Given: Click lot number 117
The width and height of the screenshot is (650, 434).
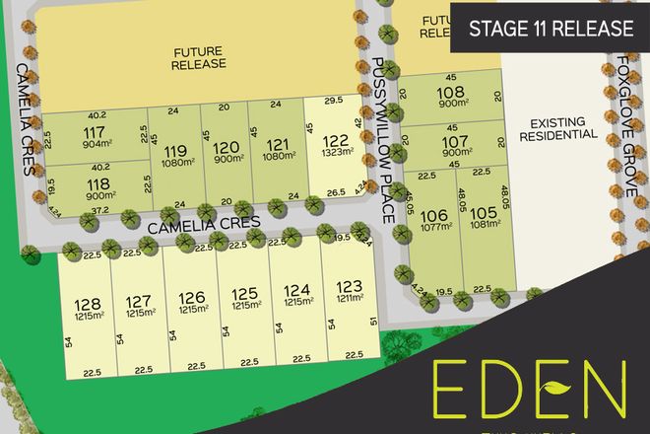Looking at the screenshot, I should (96, 132).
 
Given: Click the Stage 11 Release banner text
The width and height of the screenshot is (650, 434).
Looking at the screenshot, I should (552, 28).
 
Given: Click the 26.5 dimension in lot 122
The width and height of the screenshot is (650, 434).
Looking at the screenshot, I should (334, 192).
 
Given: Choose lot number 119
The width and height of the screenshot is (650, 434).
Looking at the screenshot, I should (175, 151).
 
